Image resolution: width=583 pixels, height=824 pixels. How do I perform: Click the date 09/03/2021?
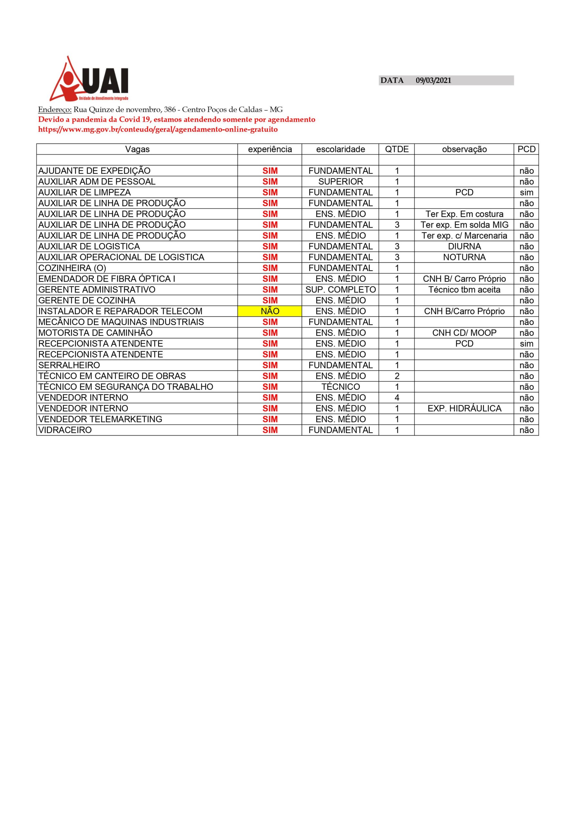[x=433, y=80]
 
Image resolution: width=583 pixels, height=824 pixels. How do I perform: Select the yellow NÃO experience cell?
[x=270, y=311]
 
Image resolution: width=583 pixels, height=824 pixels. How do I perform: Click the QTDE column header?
[x=397, y=149]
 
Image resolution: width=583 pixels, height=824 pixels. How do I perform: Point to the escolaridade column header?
[x=340, y=149]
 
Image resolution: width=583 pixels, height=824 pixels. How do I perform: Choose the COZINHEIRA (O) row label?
[x=72, y=268]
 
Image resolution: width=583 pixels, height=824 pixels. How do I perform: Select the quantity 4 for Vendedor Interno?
[x=397, y=398]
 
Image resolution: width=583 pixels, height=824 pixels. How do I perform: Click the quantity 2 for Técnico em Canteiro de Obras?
[x=397, y=376]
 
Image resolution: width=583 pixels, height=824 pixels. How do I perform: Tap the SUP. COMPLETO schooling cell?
[x=340, y=290]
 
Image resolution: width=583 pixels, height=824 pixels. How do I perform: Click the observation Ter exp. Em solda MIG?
[x=464, y=225]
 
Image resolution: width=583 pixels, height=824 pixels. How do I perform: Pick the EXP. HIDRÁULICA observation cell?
[x=464, y=408]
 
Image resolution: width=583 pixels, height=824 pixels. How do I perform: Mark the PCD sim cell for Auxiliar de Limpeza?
[x=526, y=192]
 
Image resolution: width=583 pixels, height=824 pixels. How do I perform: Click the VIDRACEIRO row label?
[x=65, y=430]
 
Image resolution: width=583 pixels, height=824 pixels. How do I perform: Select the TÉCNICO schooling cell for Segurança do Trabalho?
[x=340, y=387]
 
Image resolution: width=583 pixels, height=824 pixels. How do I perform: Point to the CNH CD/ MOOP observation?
[x=464, y=333]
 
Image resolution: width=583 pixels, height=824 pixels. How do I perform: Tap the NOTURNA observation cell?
[x=464, y=257]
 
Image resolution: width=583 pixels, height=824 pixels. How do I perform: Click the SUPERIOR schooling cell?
[x=340, y=182]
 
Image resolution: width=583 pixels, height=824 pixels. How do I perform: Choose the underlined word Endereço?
[x=55, y=110]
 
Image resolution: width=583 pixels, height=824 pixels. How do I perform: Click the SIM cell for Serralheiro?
[x=270, y=365]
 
